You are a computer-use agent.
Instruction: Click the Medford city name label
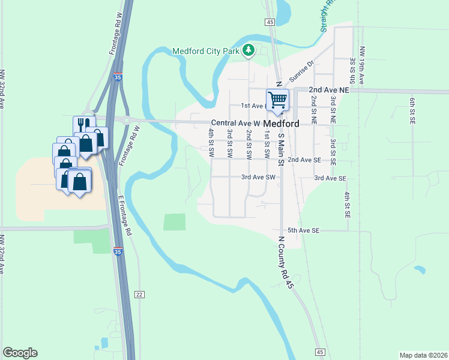tap(281, 123)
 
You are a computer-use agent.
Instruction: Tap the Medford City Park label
tap(206, 51)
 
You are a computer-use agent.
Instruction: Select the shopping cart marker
tap(277, 100)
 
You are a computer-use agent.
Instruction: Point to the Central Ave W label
tap(235, 123)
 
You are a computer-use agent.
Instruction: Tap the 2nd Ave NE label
tap(329, 89)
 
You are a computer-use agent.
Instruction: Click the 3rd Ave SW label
tap(258, 178)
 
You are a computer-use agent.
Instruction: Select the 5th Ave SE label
tap(304, 230)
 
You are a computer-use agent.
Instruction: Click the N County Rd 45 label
tap(284, 263)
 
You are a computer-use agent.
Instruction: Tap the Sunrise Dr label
tap(302, 71)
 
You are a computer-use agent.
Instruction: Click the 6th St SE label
tap(412, 111)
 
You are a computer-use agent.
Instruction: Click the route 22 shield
tap(139, 294)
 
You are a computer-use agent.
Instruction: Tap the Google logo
tap(20, 353)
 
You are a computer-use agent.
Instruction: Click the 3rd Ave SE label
tap(331, 178)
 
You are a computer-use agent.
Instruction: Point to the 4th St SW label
tap(211, 143)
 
